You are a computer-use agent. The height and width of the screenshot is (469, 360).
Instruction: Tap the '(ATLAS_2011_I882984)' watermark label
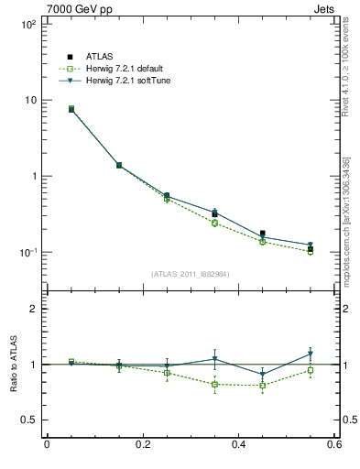pos(190,274)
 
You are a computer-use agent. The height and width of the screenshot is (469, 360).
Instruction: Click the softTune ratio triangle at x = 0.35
pos(214,359)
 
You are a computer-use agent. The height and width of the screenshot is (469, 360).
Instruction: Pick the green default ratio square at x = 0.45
pos(263,385)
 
